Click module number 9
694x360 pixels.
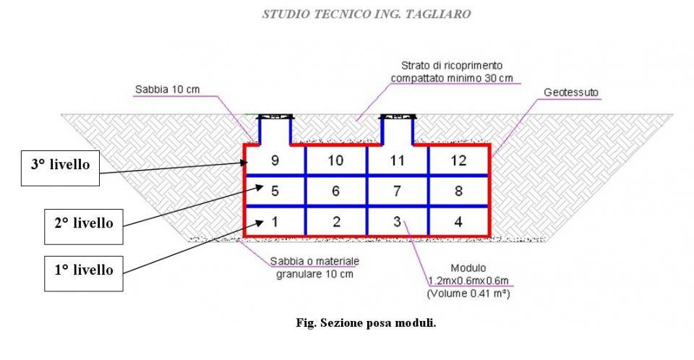click(x=275, y=160)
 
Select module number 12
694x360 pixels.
click(x=458, y=160)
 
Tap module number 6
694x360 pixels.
click(x=335, y=192)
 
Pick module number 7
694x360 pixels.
click(x=397, y=192)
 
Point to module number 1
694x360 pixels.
click(x=275, y=221)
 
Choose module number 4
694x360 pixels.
click(x=458, y=221)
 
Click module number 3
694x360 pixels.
click(x=397, y=221)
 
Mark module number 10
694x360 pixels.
click(x=335, y=160)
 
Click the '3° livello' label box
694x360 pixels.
click(x=60, y=165)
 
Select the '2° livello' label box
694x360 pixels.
click(x=82, y=223)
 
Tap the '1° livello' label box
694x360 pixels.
click(x=82, y=270)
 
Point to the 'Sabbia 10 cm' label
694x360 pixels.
click(x=167, y=90)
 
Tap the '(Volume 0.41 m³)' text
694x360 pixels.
click(x=463, y=294)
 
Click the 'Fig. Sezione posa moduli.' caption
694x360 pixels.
click(x=367, y=323)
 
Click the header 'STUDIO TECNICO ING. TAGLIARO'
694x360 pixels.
click(x=367, y=14)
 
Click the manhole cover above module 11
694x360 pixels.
click(x=397, y=116)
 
